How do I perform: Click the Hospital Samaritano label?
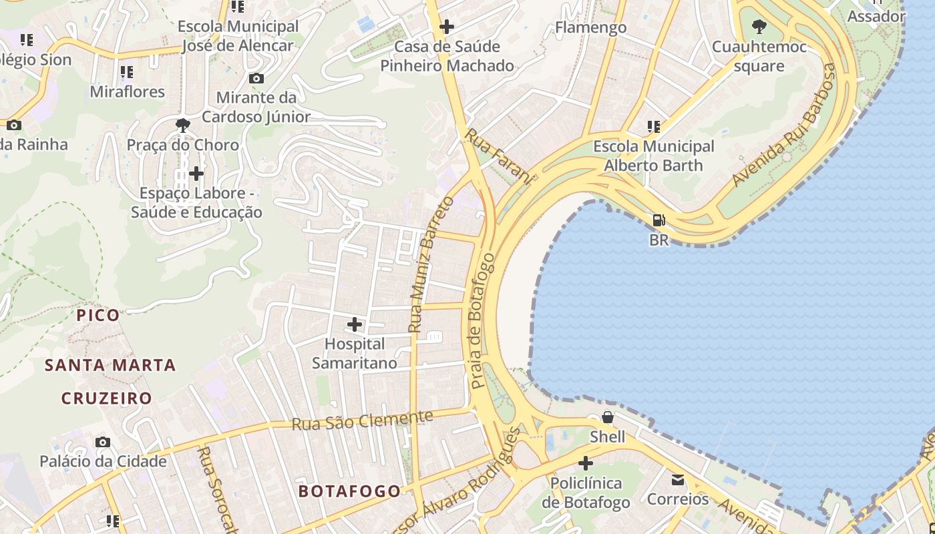pos(354,354)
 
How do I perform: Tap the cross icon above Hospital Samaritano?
pos(355,324)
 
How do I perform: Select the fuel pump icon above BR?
pos(659,220)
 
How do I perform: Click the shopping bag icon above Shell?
pos(607,417)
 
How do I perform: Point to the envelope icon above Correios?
pos(678,479)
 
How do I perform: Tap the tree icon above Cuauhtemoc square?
pos(759,27)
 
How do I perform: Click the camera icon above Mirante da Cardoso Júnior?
pos(256,78)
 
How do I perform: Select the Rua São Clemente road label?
pos(362,421)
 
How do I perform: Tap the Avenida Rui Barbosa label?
pos(784,125)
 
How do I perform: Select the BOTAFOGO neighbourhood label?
pos(349,491)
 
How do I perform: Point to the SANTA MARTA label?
pos(110,365)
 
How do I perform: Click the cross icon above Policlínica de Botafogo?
pos(586,463)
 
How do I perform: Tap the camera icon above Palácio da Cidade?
pos(102,442)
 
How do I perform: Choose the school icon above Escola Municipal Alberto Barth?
pos(653,126)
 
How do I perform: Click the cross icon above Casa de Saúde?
pos(447,27)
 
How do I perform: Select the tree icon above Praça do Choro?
pos(182,125)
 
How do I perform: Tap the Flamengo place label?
pos(591,27)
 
